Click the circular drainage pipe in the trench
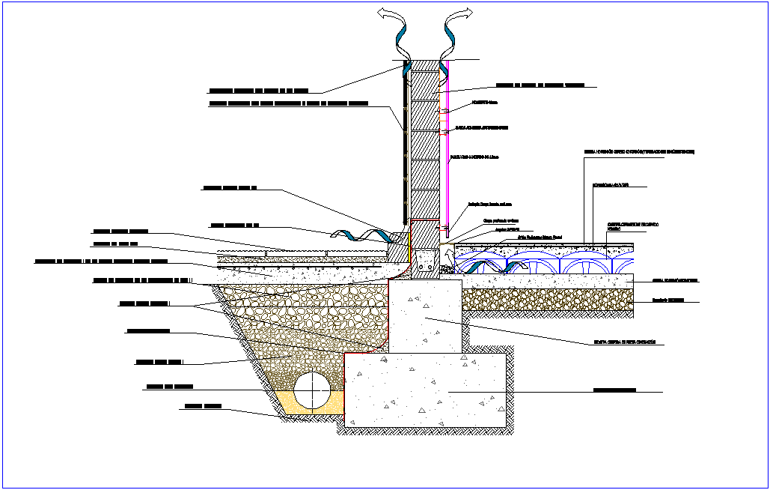tap(312, 390)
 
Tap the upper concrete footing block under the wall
tap(425, 315)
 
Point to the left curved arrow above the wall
tap(396, 34)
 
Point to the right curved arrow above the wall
tap(453, 34)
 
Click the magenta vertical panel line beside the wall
tap(447, 150)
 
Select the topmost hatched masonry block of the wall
tap(424, 82)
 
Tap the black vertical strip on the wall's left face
tap(405, 142)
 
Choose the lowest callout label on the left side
tap(203, 407)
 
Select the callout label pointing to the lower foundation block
tap(614, 390)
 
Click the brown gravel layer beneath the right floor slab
tap(546, 300)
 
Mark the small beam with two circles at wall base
tap(426, 264)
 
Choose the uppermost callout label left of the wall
tap(258, 90)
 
